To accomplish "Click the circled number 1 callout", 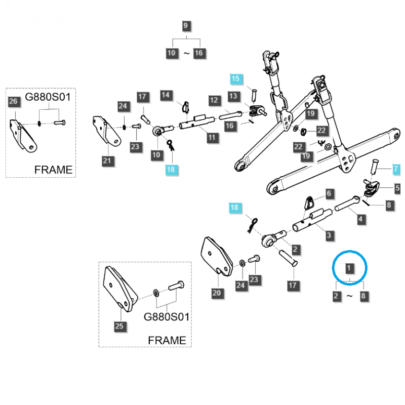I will (x=349, y=267).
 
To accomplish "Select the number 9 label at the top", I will (x=186, y=26).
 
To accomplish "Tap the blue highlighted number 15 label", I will (x=236, y=78).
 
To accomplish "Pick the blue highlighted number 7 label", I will (x=396, y=168).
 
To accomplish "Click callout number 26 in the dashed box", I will (x=14, y=103).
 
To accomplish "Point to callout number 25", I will (x=119, y=326).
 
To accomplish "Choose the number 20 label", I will (x=217, y=293).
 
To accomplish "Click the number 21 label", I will (x=106, y=161).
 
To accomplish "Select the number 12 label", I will (x=214, y=101).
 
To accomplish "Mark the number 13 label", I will (x=233, y=96).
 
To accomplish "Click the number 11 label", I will (x=211, y=137).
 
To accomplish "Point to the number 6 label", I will (x=329, y=193).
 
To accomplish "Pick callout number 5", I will (x=396, y=188).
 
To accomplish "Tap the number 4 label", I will (x=360, y=220).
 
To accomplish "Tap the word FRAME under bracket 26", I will (x=53, y=170).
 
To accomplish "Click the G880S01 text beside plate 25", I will (x=167, y=317).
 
